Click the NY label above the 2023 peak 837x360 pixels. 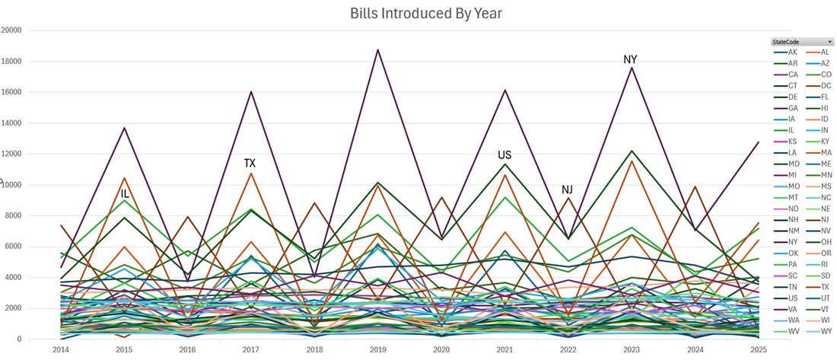click(630, 59)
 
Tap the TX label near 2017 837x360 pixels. click(250, 163)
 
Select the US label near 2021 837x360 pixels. click(504, 155)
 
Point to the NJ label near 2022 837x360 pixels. click(568, 190)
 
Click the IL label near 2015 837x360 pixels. click(125, 194)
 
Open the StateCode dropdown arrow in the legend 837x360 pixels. click(829, 41)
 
